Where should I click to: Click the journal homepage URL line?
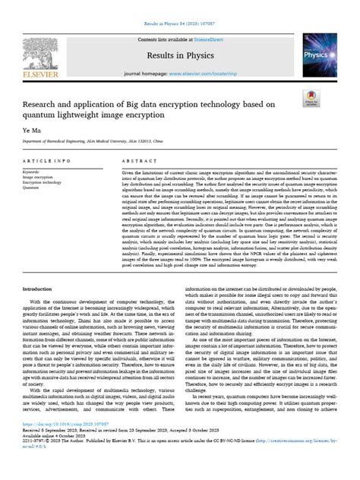pos(179,74)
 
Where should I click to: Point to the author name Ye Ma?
pos(30,131)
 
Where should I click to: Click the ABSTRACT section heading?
pos(137,163)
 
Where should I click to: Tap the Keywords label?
pos(34,172)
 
